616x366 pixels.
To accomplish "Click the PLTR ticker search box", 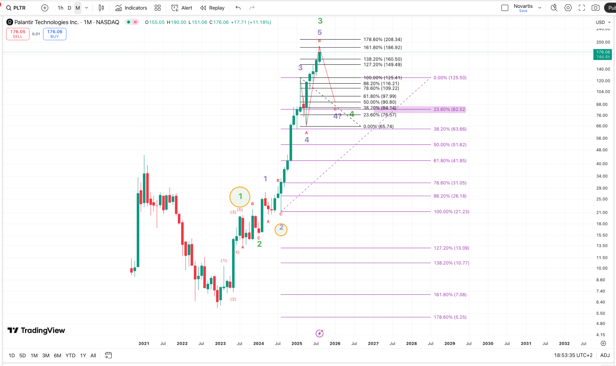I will pos(17,8).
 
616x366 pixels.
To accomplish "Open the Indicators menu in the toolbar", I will pos(131,8).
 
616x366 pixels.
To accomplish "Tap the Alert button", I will pos(182,8).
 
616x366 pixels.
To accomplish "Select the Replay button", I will pos(212,8).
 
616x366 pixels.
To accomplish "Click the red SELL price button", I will pos(18,34).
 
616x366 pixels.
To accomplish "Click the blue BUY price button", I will pos(55,34).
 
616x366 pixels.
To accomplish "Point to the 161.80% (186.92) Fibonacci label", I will pos(383,47).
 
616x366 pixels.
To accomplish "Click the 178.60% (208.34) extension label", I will pos(383,39).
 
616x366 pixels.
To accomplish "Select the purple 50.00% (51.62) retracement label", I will pos(450,145).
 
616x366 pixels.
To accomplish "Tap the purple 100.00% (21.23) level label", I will pos(451,212).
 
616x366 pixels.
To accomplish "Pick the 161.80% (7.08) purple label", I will pos(450,295).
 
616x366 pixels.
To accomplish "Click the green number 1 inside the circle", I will pos(240,197).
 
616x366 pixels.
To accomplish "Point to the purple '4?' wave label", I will pos(337,116).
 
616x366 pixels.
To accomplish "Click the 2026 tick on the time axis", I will pos(335,344).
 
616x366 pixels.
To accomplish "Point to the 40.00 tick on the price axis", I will pos(602,164).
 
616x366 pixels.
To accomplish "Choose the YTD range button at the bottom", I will pos(70,356).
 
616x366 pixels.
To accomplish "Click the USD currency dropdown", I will pos(603,22).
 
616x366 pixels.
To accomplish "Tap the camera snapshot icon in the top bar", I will pos(595,8).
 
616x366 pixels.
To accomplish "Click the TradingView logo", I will pos(36,330).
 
